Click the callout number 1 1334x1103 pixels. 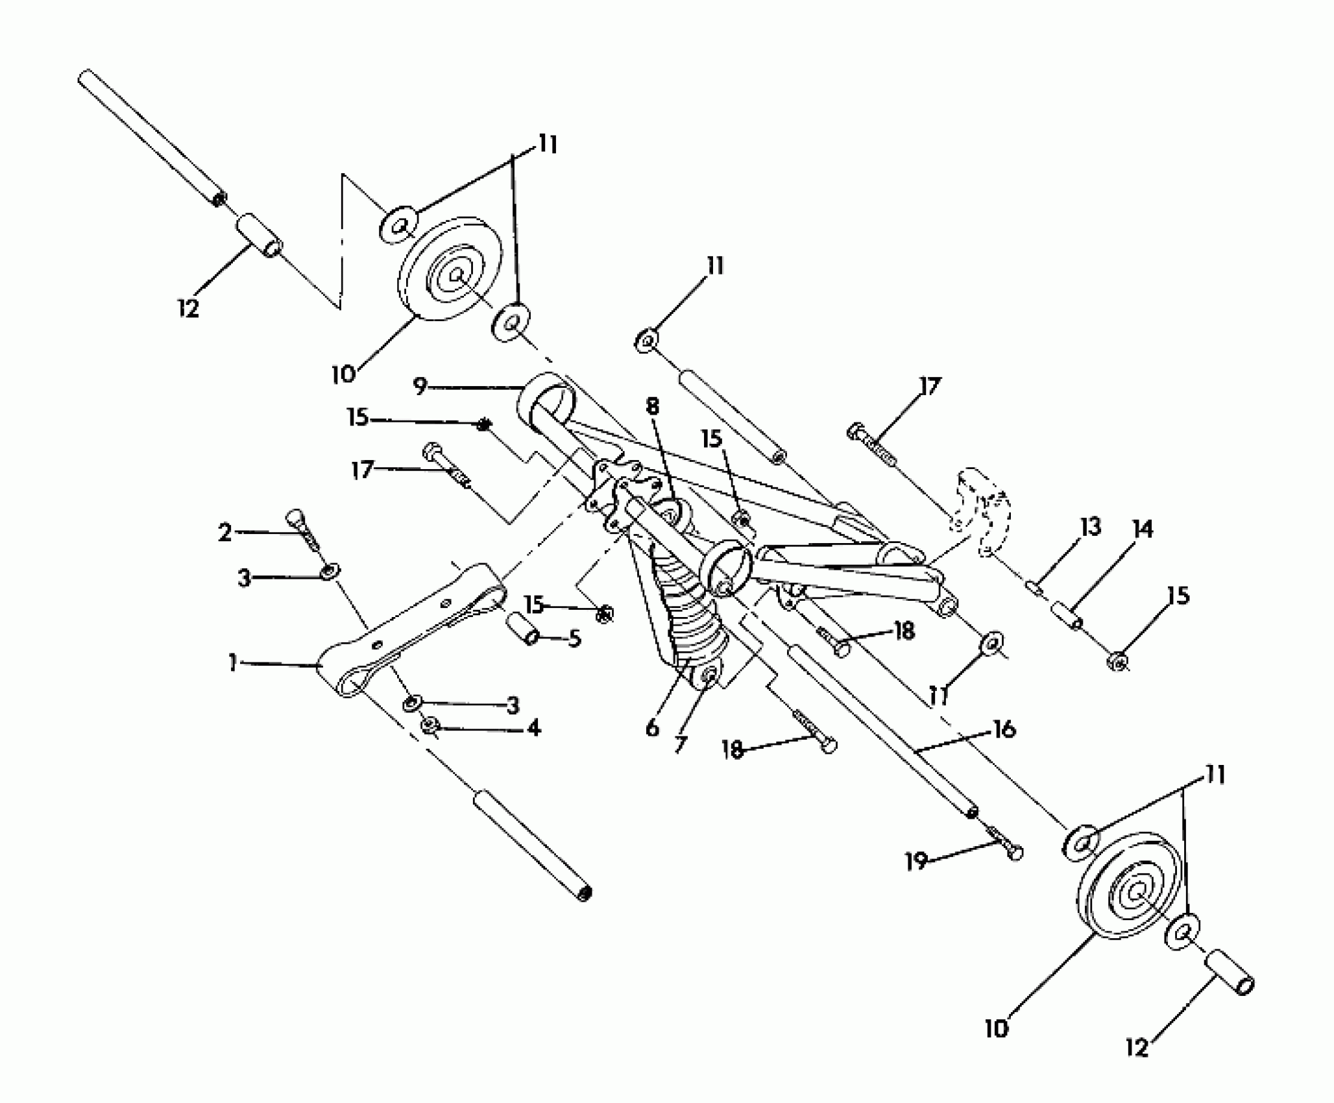232,663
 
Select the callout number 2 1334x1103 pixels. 224,533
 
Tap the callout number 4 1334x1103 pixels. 533,729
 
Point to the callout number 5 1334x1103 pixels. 574,639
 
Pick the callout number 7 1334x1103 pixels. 679,744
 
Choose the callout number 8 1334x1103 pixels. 652,407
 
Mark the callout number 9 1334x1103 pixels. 420,387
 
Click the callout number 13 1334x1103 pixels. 1090,527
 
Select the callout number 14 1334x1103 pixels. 1143,529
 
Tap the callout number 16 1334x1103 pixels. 1004,730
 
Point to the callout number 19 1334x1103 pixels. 916,862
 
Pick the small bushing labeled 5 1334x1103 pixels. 525,629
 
